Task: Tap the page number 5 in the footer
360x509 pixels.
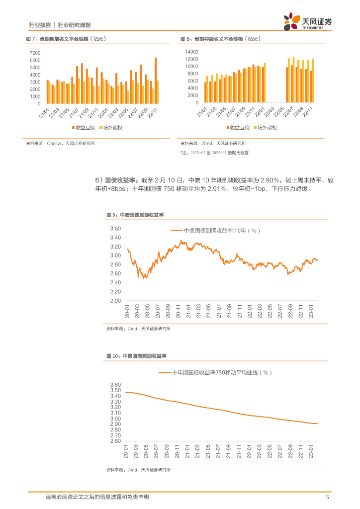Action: [x=327, y=497]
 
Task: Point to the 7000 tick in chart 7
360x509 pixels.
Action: [x=35, y=53]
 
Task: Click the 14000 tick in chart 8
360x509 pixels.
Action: [x=191, y=52]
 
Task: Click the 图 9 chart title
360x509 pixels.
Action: [x=135, y=215]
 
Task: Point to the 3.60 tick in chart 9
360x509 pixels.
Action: [x=115, y=229]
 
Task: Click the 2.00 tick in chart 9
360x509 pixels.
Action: [x=115, y=301]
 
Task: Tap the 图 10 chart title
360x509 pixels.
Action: [x=136, y=356]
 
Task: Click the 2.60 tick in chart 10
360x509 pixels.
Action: [x=115, y=441]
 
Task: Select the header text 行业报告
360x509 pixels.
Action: [x=40, y=25]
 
